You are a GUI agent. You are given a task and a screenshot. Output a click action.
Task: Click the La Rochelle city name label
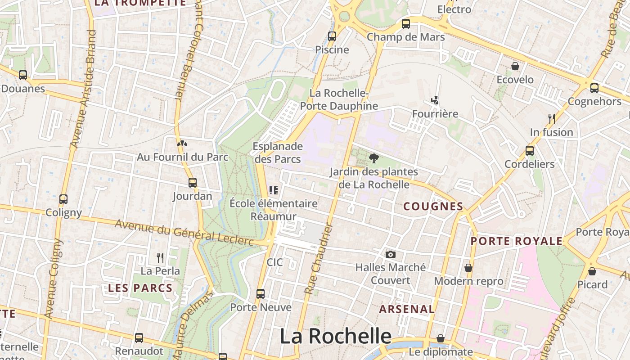coord(336,336)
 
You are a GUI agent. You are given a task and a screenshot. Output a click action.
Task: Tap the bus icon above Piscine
coord(332,36)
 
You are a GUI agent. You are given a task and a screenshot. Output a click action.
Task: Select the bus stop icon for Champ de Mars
coord(406,23)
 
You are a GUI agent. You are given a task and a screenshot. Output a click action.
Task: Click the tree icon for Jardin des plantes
coord(373,158)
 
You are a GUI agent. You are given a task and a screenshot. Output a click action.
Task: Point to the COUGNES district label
coord(433,207)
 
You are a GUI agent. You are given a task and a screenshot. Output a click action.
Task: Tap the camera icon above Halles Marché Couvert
coord(391,254)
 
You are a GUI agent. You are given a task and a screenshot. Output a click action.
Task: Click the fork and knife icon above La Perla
coord(160,257)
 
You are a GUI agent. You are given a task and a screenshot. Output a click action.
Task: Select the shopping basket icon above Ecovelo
coord(515,67)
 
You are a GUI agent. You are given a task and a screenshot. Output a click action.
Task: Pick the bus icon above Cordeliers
coord(530,150)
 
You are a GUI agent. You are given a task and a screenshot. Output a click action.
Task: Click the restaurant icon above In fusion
coord(551,118)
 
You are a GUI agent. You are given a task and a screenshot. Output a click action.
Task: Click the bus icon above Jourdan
coord(193,182)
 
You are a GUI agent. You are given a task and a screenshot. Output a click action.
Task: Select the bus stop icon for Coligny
coord(63,199)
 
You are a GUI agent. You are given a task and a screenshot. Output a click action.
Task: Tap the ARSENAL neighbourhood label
coord(407,309)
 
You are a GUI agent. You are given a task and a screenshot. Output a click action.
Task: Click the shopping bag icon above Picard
coord(592,271)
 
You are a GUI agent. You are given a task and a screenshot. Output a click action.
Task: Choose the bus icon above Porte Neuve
coord(261,294)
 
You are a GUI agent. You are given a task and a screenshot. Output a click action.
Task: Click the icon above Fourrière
coord(435,100)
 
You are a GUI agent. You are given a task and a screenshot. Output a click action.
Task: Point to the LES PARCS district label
coord(140,288)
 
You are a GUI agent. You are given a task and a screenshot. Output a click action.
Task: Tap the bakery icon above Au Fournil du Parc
coord(182,144)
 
